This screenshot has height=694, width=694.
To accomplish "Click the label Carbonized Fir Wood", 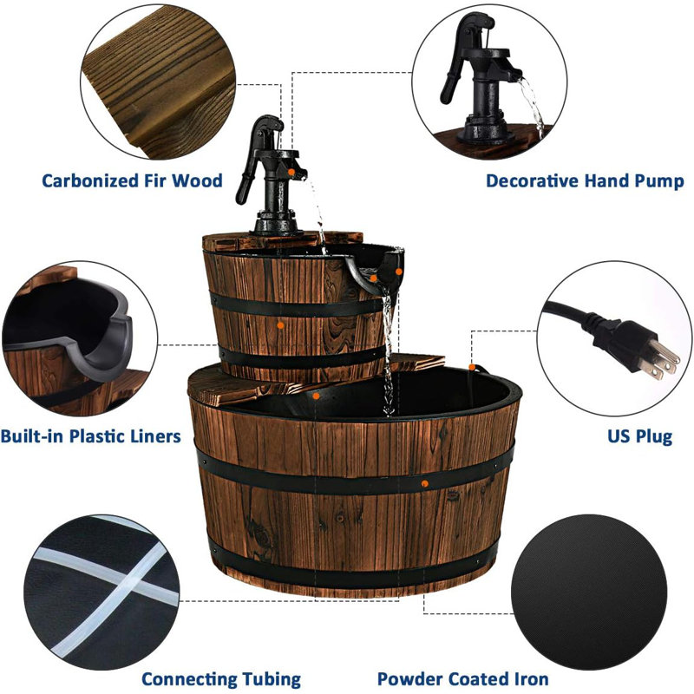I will pyautogui.click(x=132, y=181).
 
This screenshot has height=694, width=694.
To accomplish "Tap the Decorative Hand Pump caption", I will pyautogui.click(x=584, y=181).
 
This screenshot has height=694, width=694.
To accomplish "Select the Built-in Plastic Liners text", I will pyautogui.click(x=90, y=435).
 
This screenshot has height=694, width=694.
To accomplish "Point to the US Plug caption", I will pyautogui.click(x=641, y=435).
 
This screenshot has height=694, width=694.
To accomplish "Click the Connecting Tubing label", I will pyautogui.click(x=221, y=678).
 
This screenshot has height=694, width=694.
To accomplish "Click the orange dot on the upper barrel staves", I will pyautogui.click(x=280, y=324).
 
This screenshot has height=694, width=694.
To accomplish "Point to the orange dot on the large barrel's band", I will pyautogui.click(x=422, y=480).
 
